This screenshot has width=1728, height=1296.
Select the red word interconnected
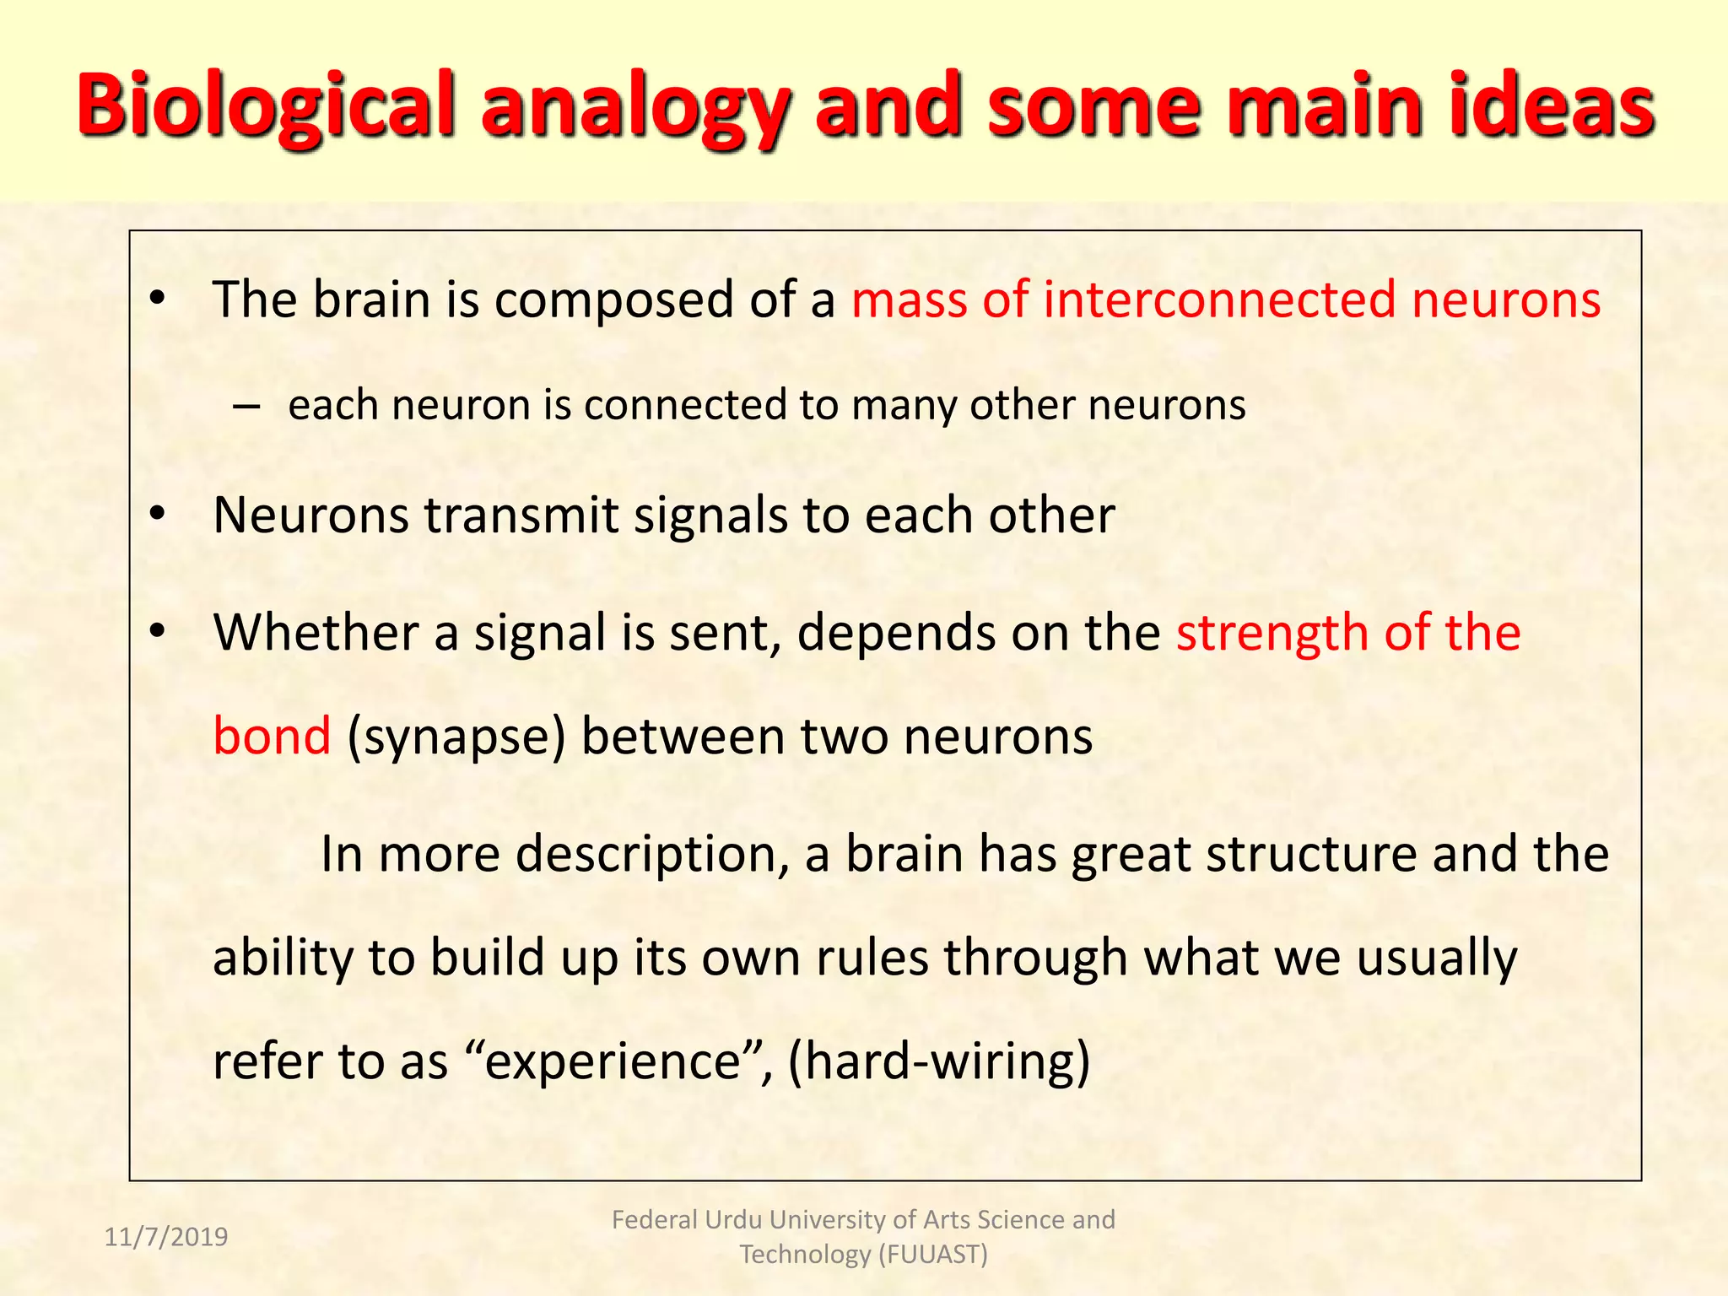click(x=1219, y=300)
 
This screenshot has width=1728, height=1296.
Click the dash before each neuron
click(x=246, y=407)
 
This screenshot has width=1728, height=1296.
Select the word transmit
click(x=521, y=515)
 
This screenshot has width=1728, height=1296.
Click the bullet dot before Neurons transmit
click(x=157, y=515)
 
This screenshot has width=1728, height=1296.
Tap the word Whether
click(x=316, y=633)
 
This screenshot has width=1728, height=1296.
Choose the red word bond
click(x=272, y=736)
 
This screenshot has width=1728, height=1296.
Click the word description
click(x=645, y=854)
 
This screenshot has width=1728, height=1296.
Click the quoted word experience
click(x=613, y=1061)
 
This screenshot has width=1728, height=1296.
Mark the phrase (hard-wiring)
click(x=938, y=1061)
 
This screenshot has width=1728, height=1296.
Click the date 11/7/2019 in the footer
click(x=166, y=1237)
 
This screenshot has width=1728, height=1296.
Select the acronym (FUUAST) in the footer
click(x=932, y=1255)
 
